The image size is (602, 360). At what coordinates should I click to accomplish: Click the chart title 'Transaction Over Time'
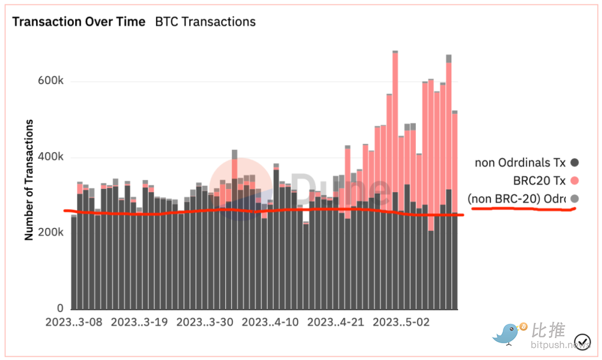[79, 22]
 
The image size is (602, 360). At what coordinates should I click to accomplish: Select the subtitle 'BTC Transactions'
[205, 22]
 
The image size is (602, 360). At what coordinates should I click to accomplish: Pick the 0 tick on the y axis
[60, 308]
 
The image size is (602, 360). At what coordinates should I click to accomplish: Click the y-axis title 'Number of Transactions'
[28, 179]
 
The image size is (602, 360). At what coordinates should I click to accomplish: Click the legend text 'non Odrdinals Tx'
[520, 163]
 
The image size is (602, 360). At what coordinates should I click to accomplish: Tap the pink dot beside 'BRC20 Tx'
[575, 181]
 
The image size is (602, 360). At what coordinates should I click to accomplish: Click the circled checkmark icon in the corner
[582, 340]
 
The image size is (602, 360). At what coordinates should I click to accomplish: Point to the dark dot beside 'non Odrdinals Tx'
[575, 163]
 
